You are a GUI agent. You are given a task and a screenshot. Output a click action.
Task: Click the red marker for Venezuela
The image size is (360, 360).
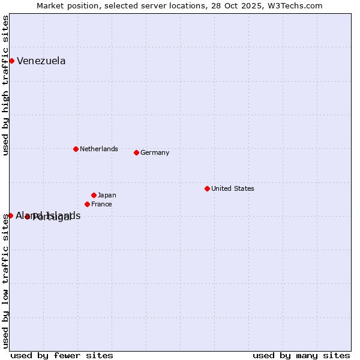[11, 61]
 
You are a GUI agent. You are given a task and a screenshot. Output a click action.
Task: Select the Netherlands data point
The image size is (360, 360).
[76, 149]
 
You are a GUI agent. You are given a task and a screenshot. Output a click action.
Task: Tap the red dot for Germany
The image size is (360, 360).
[136, 152]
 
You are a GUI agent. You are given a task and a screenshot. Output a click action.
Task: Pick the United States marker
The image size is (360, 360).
[207, 188]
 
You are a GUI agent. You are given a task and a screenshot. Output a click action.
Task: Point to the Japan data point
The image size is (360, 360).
[94, 195]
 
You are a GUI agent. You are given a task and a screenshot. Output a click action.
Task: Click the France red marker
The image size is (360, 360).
[87, 204]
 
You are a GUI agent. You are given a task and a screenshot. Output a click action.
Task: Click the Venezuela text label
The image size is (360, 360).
[41, 61]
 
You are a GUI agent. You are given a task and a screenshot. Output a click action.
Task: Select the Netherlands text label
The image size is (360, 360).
[98, 149]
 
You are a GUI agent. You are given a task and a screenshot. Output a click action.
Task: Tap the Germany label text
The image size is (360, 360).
[155, 152]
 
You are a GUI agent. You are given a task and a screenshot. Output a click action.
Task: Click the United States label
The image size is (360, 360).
[232, 188]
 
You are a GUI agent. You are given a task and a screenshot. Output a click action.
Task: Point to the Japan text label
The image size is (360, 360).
[107, 195]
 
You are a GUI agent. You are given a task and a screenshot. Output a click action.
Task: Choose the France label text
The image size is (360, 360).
[101, 204]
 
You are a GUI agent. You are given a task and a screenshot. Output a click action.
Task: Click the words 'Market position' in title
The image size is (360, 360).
[65, 6]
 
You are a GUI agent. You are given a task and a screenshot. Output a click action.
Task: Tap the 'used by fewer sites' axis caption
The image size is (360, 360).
[62, 355]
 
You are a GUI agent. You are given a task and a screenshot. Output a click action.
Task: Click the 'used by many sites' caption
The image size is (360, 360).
[301, 355]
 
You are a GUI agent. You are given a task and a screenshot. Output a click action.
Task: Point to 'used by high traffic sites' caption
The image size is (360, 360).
[6, 85]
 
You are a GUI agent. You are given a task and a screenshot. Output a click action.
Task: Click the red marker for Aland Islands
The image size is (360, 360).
[10, 215]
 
